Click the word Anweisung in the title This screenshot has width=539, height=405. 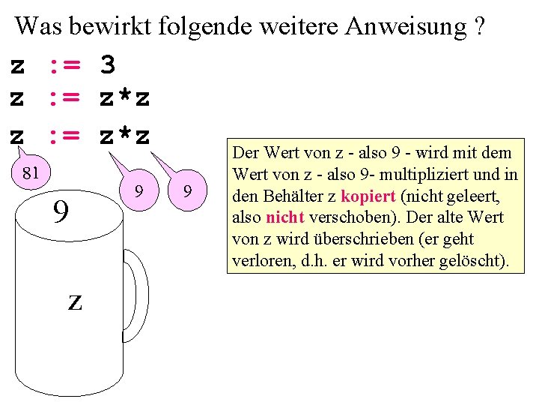tap(405, 27)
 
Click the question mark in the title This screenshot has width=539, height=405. tap(480, 27)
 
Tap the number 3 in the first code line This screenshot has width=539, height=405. tap(108, 66)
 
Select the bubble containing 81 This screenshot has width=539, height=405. tap(31, 174)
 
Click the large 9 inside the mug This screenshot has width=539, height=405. tap(61, 212)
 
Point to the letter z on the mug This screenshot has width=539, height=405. tap(75, 301)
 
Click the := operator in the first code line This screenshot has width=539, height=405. tap(64, 66)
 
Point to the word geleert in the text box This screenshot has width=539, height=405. tap(476, 196)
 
